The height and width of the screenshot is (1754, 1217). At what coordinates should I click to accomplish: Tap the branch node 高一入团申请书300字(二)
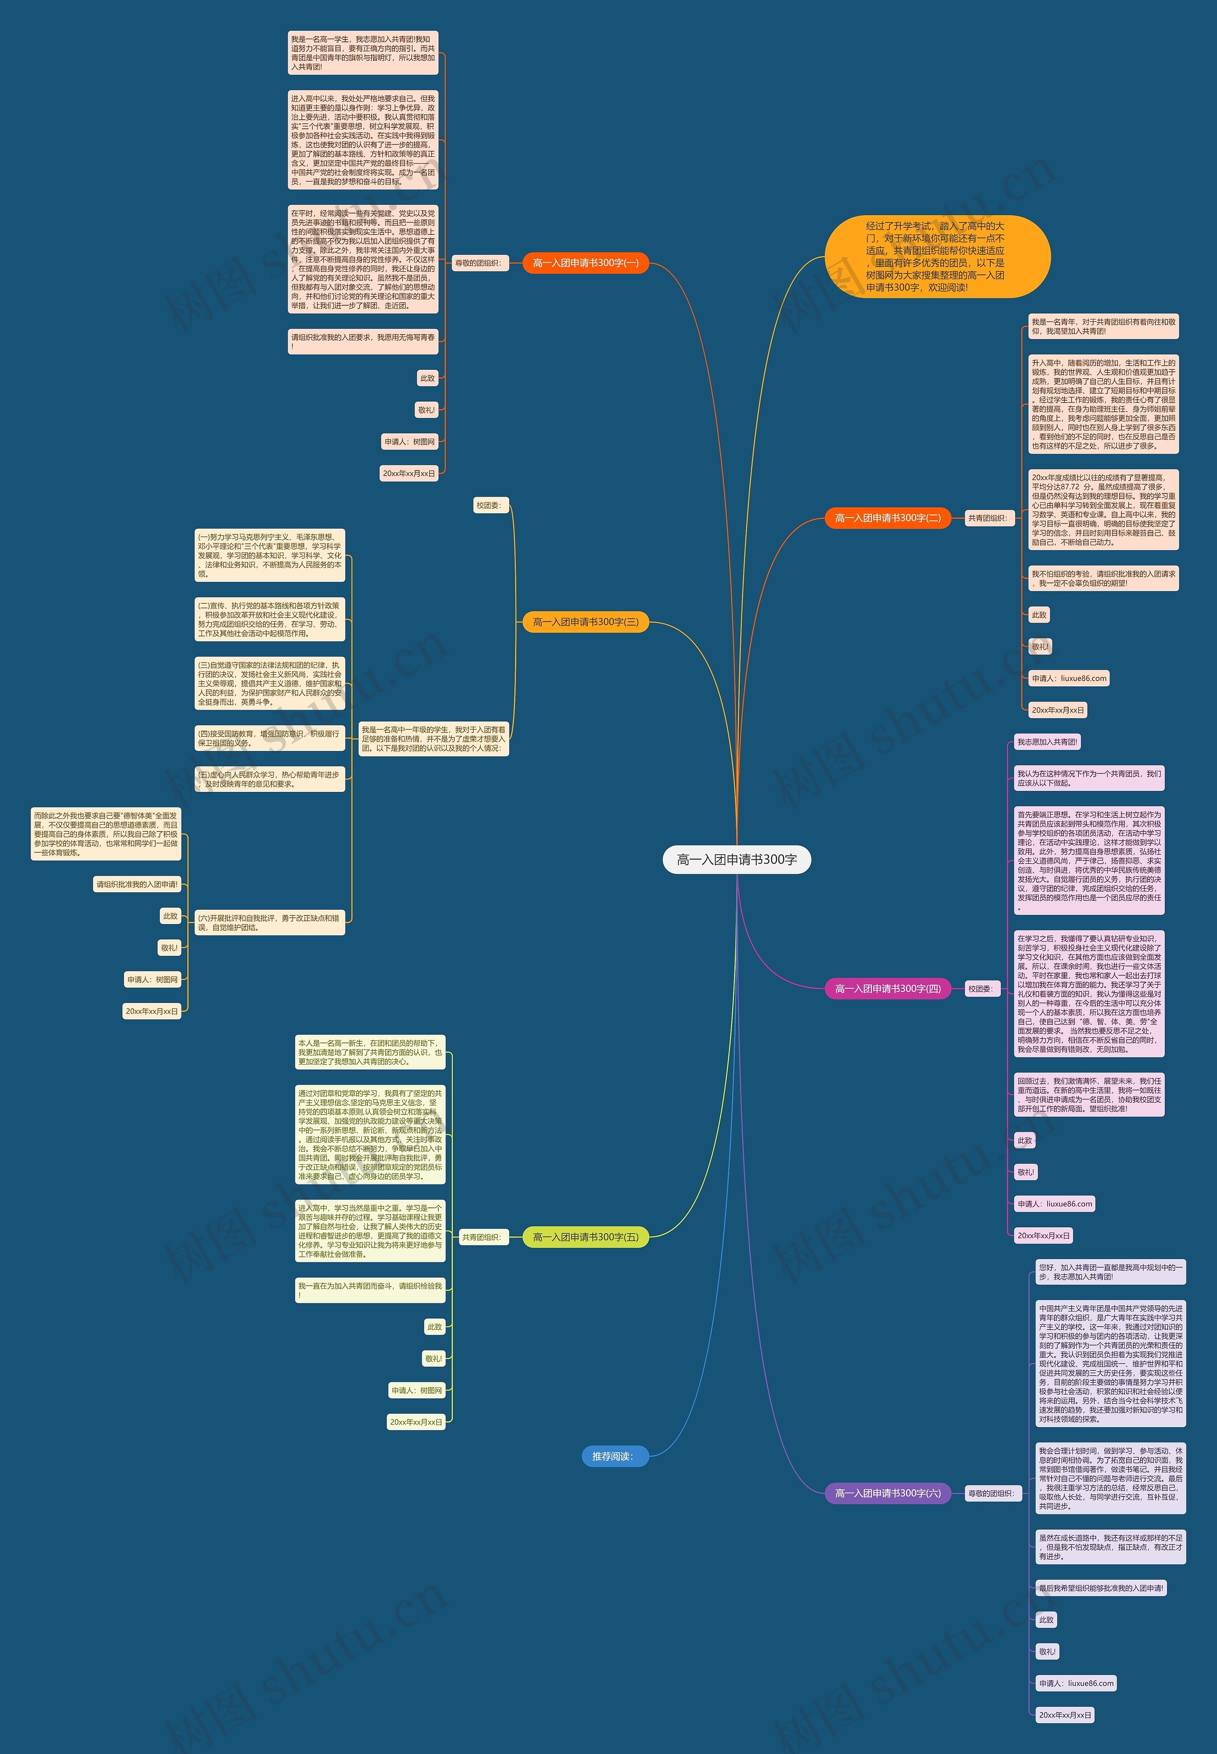tap(888, 518)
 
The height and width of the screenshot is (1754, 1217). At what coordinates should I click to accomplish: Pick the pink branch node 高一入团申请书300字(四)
tap(888, 989)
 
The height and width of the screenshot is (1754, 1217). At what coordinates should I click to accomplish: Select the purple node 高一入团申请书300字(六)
tap(888, 1494)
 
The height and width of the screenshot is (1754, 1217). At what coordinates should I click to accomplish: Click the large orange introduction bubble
tap(937, 257)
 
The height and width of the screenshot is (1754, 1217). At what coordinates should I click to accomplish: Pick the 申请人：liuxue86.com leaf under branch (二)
tap(1068, 678)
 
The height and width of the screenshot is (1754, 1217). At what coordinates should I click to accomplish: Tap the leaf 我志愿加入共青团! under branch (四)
tap(1047, 742)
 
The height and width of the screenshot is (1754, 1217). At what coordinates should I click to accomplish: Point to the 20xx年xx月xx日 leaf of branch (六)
tap(1064, 1715)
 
